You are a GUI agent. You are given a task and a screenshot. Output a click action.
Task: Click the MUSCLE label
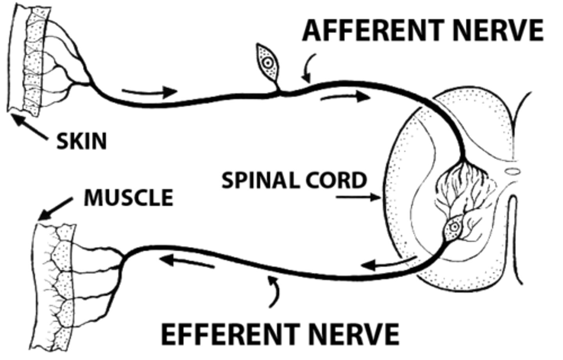128,197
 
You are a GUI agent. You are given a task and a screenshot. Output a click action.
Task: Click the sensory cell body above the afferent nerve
267,62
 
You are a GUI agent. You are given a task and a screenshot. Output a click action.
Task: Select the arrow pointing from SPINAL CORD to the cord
358,198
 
